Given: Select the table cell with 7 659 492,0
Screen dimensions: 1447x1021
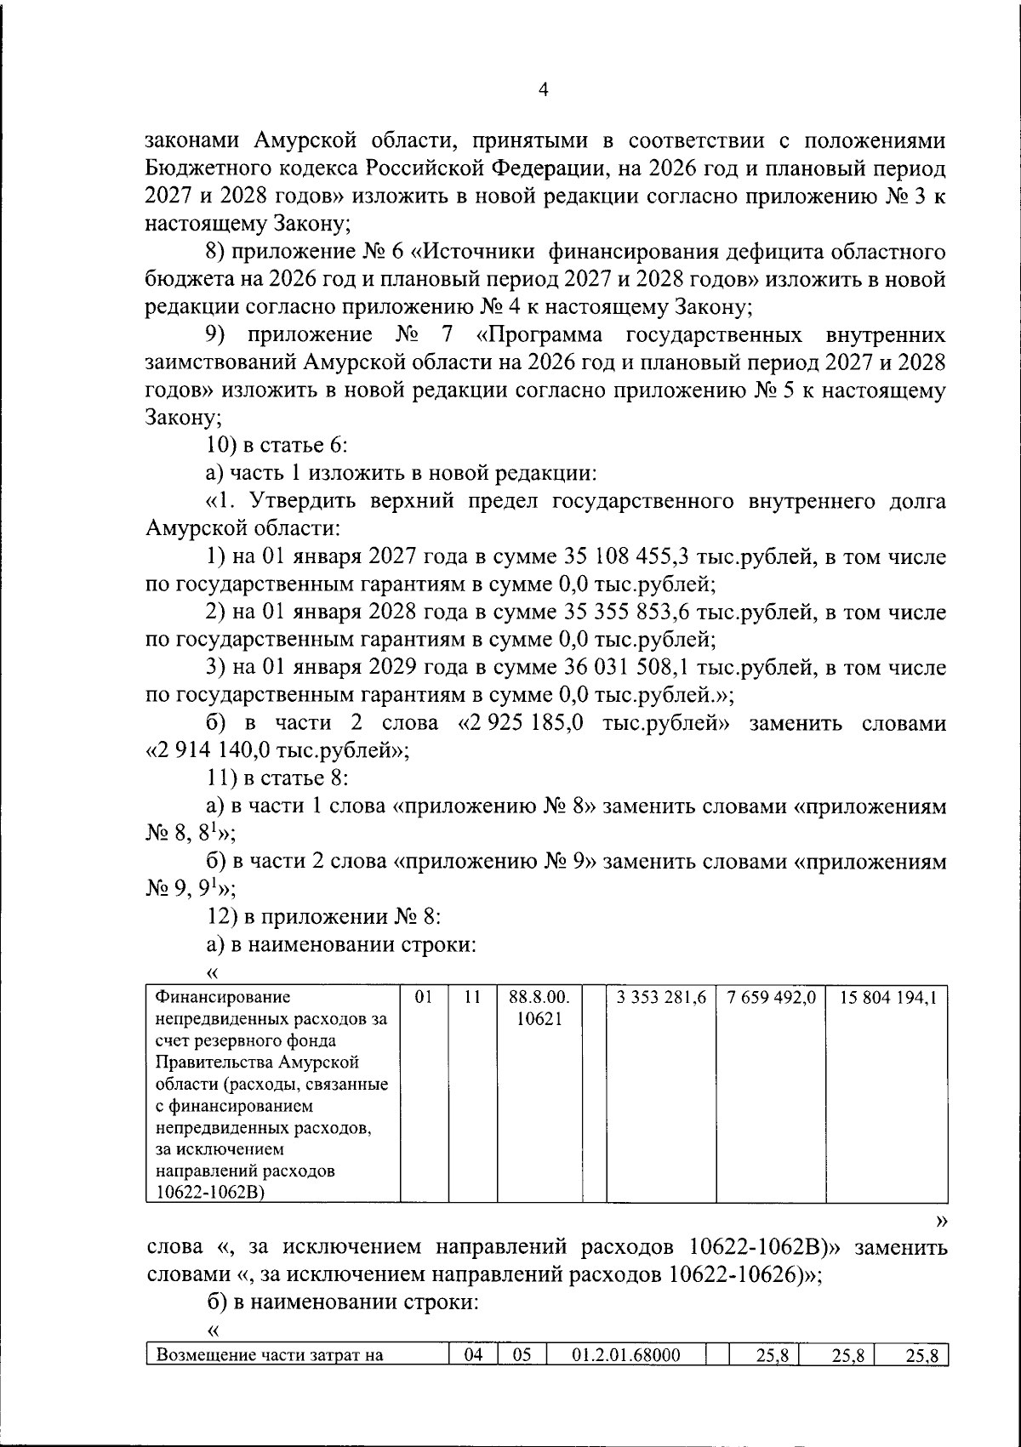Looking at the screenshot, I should pyautogui.click(x=772, y=998).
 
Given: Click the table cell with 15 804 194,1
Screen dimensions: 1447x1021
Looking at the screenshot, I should pyautogui.click(x=887, y=998).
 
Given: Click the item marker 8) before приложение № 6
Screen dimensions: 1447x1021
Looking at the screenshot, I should pyautogui.click(x=216, y=252).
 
